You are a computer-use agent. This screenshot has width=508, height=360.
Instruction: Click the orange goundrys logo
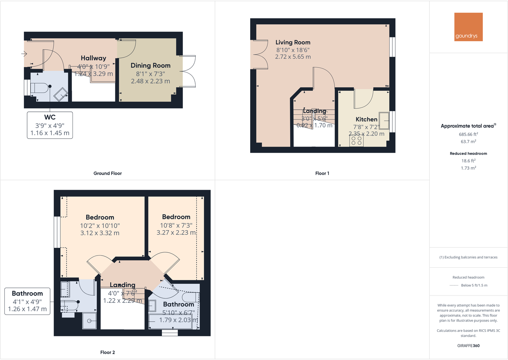tap(468, 27)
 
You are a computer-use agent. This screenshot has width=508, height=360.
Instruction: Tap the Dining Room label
tap(150, 65)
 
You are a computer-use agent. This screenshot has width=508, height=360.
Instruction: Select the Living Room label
tap(293, 42)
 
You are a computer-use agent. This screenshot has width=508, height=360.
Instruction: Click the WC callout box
tap(50, 125)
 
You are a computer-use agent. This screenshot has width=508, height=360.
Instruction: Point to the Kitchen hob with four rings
tap(356, 141)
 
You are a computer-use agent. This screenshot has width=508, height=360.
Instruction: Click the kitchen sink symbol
tap(384, 120)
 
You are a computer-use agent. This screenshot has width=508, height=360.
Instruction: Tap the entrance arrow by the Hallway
tap(24, 54)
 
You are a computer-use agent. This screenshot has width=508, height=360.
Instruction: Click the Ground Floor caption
tap(107, 173)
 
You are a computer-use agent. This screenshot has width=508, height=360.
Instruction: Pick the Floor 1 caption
tap(322, 173)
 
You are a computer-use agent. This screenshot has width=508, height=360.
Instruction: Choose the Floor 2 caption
tap(107, 352)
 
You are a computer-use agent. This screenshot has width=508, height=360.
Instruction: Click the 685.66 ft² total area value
tap(468, 134)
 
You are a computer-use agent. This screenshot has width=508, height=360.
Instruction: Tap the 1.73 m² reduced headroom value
tap(468, 168)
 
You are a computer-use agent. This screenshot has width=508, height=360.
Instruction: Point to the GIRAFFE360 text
tap(468, 346)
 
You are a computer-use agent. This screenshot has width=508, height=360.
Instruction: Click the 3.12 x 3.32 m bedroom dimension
tap(100, 233)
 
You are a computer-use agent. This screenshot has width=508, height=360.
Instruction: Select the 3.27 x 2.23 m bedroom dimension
tap(176, 233)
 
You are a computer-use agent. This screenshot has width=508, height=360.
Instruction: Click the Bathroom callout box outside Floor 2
tap(27, 301)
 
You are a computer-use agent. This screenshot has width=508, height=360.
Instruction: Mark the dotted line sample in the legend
tap(454, 285)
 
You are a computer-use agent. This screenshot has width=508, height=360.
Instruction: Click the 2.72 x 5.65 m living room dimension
tap(293, 57)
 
